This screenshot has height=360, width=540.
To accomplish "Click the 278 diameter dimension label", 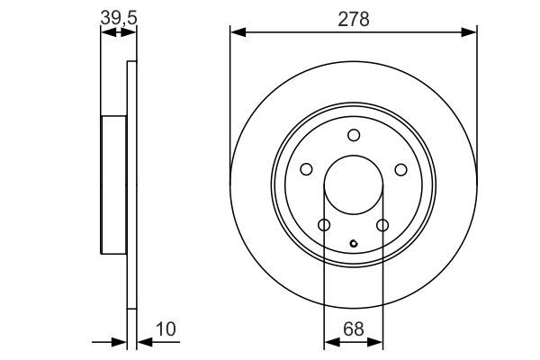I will pyautogui.click(x=354, y=19).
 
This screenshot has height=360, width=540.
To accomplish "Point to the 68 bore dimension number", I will pyautogui.click(x=354, y=329).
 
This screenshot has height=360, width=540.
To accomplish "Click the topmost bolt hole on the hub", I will pyautogui.click(x=354, y=136).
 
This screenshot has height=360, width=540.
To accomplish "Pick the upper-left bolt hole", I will pyautogui.click(x=307, y=169).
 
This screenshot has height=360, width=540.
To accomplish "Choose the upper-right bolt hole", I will pyautogui.click(x=400, y=169).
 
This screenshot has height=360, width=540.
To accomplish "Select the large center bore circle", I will pyautogui.click(x=354, y=185).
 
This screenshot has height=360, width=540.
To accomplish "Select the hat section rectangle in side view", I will pyautogui.click(x=113, y=185).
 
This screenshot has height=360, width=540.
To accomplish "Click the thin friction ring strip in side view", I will pyautogui.click(x=132, y=185).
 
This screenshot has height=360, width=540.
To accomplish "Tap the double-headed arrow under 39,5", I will pyautogui.click(x=119, y=32).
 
